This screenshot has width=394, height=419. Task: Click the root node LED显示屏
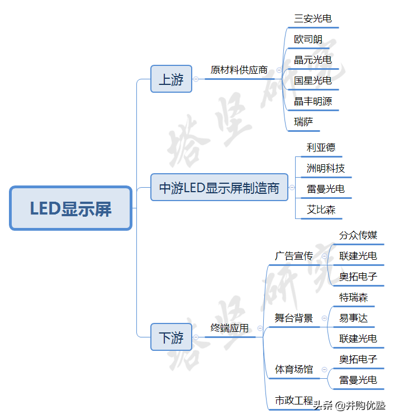point(71,208)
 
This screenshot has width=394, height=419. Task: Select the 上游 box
point(171,79)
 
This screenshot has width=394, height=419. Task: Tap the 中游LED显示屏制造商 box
point(219,188)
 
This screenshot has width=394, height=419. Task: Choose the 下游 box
point(171,337)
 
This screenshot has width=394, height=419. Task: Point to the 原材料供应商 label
point(239,70)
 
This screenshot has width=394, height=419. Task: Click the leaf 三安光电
point(313,18)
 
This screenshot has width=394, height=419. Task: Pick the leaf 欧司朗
point(308,40)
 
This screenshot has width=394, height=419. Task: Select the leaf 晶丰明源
point(313,101)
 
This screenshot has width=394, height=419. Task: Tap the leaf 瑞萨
point(304,122)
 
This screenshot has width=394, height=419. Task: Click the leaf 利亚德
point(321,147)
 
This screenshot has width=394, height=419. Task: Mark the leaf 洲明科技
point(326,168)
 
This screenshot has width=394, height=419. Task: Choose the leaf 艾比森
point(321,209)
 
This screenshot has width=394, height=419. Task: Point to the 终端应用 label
point(229,328)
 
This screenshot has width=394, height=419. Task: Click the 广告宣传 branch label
point(293,256)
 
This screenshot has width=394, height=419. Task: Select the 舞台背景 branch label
point(293,318)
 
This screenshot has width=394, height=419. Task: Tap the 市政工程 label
point(293,401)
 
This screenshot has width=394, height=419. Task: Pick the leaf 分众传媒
point(358,235)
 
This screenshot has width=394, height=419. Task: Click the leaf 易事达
point(354,318)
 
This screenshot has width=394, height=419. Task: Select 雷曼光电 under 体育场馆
point(358,380)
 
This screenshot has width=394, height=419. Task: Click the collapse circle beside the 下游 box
point(196,337)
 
